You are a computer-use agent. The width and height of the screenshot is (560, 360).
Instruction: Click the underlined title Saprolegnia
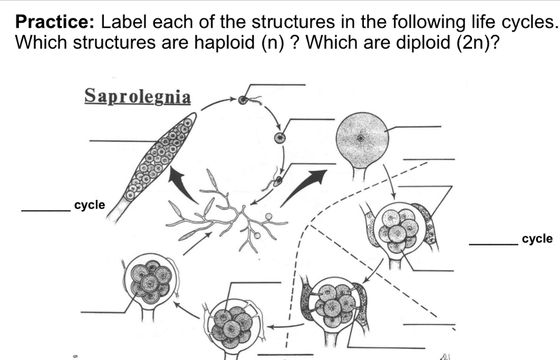coord(137,96)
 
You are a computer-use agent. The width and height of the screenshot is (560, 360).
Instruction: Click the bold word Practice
coord(55,22)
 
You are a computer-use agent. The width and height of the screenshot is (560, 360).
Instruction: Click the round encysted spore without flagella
coord(280,138)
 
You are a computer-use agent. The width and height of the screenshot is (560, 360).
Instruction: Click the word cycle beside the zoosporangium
coord(90,205)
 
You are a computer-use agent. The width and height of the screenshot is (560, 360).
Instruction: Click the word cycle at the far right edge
coord(537,239)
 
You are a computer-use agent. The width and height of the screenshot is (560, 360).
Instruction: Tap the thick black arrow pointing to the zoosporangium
coord(183,184)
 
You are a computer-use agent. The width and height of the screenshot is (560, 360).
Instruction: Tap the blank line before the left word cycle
coord(46,210)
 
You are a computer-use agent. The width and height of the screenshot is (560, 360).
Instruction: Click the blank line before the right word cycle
coord(494,245)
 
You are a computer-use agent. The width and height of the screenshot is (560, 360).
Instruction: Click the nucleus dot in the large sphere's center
coord(360,138)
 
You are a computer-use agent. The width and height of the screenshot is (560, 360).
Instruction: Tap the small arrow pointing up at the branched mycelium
coord(197,244)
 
